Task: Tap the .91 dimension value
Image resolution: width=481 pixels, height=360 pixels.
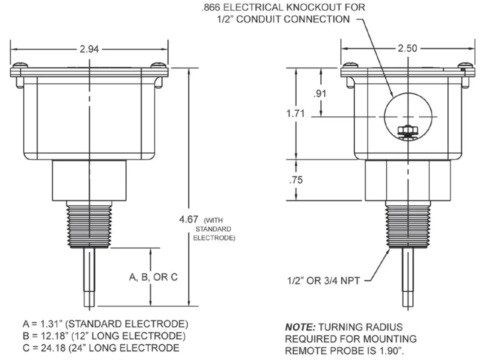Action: (x=321, y=93)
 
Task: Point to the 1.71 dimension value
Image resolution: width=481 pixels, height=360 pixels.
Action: (x=296, y=114)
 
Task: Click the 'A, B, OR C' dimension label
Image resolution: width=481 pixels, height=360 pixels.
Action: (x=154, y=277)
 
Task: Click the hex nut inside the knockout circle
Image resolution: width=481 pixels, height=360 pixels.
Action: (x=408, y=130)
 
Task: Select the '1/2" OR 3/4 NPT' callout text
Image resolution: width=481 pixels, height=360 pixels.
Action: (x=323, y=280)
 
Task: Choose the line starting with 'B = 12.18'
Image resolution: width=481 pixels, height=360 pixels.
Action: (x=103, y=336)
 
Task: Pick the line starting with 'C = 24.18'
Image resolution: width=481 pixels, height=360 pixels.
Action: (x=101, y=347)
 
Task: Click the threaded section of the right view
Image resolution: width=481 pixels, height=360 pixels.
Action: (x=408, y=227)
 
